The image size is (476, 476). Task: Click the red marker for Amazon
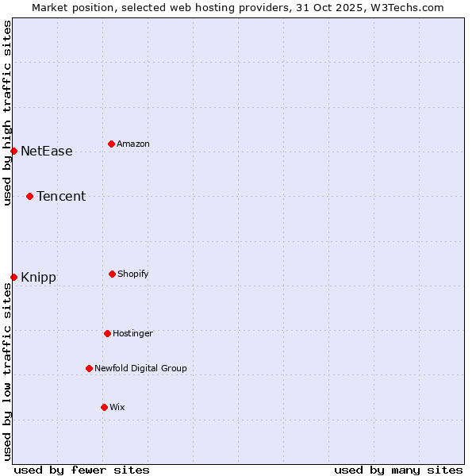pos(111,144)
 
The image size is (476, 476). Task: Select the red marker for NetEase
pos(13,151)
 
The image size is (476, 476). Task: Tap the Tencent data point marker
pos(29,196)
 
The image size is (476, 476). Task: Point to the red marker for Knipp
pos(13,277)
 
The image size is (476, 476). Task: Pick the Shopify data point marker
pos(112,274)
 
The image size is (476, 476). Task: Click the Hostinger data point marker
pos(107,333)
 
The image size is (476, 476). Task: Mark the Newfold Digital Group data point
pos(89,368)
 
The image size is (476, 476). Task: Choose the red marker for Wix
pos(104,407)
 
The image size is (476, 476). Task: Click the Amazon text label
pos(133,144)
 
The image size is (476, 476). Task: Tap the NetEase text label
pos(46,151)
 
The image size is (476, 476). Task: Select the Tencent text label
pos(61,196)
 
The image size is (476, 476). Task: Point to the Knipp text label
pos(38,277)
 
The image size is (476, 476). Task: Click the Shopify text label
pos(133,274)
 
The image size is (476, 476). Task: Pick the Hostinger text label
pos(132,333)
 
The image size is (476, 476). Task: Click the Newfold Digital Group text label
pos(140,368)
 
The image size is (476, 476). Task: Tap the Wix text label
pos(117,407)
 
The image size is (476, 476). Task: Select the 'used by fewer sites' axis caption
pos(82,470)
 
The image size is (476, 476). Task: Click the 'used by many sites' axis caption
pos(398,470)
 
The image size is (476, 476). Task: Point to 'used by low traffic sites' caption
pos(7,370)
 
